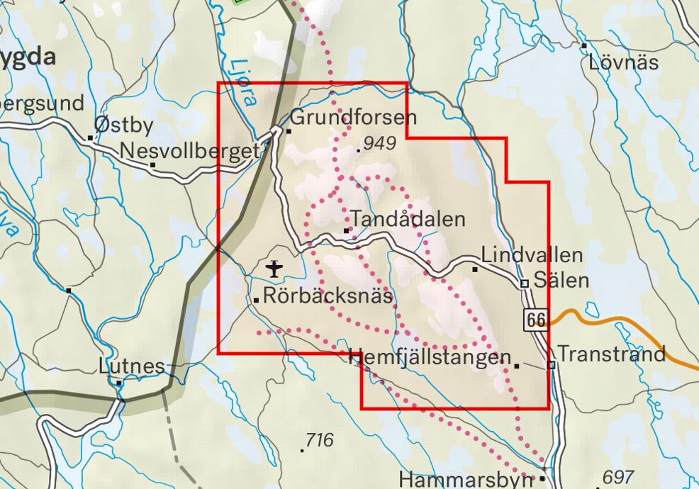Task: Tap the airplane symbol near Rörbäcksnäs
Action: click(x=274, y=269)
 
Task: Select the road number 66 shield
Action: click(x=537, y=320)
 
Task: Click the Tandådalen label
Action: click(x=408, y=219)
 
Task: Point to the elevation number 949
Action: click(x=380, y=144)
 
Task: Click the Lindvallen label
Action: click(x=532, y=255)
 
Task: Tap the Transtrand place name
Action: click(x=612, y=354)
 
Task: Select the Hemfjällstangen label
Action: click(x=430, y=358)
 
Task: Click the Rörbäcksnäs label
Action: click(x=328, y=296)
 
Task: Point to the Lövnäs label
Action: click(x=624, y=62)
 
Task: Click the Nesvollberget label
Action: click(x=191, y=151)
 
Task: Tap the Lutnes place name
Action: click(x=132, y=367)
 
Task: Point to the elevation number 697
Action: click(x=617, y=477)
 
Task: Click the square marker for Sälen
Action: click(x=525, y=283)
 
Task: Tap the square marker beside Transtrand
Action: click(x=551, y=365)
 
